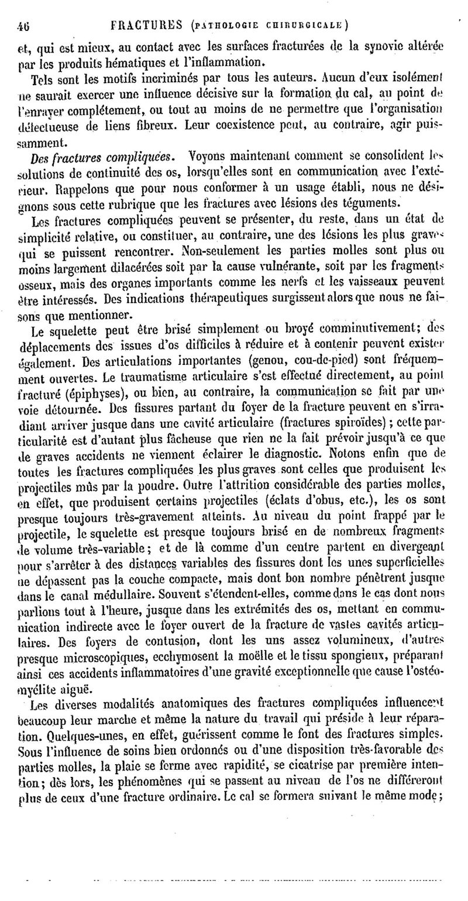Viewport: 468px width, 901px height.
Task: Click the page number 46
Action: point(24,26)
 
